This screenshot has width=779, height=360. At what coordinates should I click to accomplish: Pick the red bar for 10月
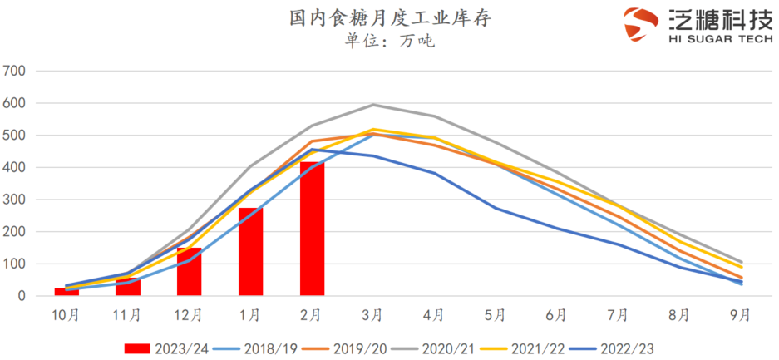pos(67,291)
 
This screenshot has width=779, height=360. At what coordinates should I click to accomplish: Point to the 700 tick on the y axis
pos(17,72)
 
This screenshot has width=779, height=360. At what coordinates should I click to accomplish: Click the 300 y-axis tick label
pos(17,200)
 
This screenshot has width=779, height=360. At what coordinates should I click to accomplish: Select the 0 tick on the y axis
pos(23,296)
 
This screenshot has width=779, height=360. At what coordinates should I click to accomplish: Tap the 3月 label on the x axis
pos(372,315)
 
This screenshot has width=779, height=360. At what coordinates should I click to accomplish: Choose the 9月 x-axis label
pos(740,315)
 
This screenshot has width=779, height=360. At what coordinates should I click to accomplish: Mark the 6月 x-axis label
pos(556,315)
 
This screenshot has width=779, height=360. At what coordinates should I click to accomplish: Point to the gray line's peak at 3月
pos(372,105)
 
